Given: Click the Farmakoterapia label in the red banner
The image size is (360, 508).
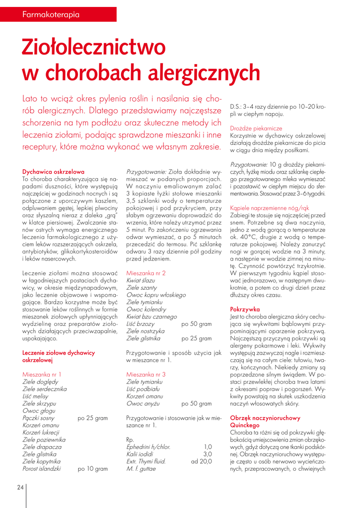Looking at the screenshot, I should click(51, 14).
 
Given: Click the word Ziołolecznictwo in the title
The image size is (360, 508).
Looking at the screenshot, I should click(93, 48).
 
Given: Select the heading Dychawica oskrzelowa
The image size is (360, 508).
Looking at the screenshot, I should click(53, 172).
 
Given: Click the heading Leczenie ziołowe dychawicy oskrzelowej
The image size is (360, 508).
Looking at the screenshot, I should click(59, 356).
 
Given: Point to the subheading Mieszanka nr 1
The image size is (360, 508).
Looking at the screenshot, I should click(42, 374).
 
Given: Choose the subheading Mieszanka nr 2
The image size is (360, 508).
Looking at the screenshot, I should click(146, 273).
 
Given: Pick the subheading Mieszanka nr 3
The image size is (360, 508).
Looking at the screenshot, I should click(146, 374).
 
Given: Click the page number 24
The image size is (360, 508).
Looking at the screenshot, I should click(20, 487).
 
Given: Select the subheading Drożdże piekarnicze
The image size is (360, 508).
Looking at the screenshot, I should click(256, 128).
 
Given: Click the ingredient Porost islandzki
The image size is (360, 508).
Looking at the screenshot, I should click(42, 468).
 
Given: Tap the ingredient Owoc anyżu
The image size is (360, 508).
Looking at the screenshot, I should click(143, 403).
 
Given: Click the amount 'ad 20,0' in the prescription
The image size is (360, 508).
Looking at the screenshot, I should click(201, 461).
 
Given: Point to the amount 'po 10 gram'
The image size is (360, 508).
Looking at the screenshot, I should click(93, 468).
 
